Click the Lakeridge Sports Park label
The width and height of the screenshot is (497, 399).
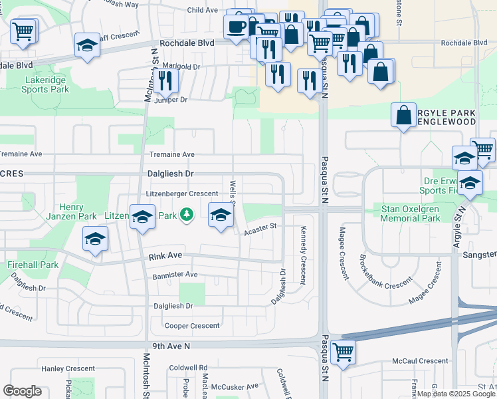click(45, 84)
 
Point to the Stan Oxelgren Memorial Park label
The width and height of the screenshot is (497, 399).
click(410, 213)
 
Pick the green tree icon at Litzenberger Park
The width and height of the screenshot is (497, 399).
click(187, 215)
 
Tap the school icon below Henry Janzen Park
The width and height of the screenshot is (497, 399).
click(95, 239)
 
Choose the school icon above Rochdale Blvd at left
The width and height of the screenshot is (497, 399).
click(87, 45)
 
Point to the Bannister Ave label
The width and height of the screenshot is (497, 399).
click(175, 274)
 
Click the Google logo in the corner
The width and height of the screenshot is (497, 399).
click(22, 391)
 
